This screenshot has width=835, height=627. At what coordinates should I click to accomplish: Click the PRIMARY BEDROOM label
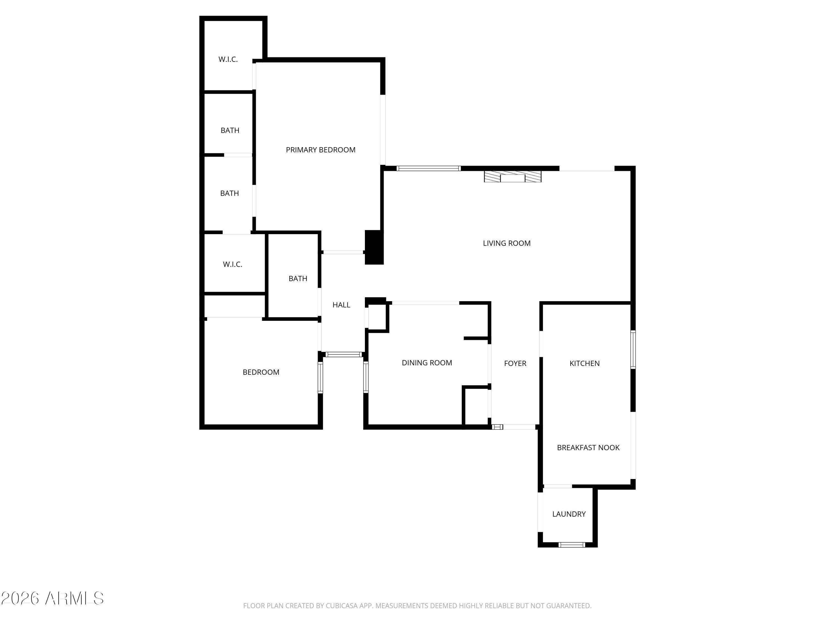[x=320, y=150]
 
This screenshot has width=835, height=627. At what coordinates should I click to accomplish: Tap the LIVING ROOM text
[x=507, y=243]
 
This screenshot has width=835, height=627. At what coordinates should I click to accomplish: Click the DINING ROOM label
[x=427, y=363]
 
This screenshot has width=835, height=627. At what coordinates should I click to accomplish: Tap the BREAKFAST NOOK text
[x=588, y=448]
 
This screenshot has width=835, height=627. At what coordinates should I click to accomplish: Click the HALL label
[x=341, y=305]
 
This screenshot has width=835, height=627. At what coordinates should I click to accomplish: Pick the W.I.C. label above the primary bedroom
[x=228, y=59]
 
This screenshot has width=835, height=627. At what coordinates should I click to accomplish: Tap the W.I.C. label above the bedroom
[x=232, y=264]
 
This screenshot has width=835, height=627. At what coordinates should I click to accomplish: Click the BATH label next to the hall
[x=298, y=279]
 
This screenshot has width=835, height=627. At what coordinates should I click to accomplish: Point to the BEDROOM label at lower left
[x=261, y=372]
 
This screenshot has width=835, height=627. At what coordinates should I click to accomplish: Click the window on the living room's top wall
[x=428, y=169]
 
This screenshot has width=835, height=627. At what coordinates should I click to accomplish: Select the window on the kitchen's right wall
[x=633, y=350]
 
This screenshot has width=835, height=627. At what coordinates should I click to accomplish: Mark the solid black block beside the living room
[x=374, y=247]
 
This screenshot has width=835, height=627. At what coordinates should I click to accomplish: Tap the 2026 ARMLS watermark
[x=53, y=598]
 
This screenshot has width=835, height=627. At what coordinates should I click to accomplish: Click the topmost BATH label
[x=230, y=130]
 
